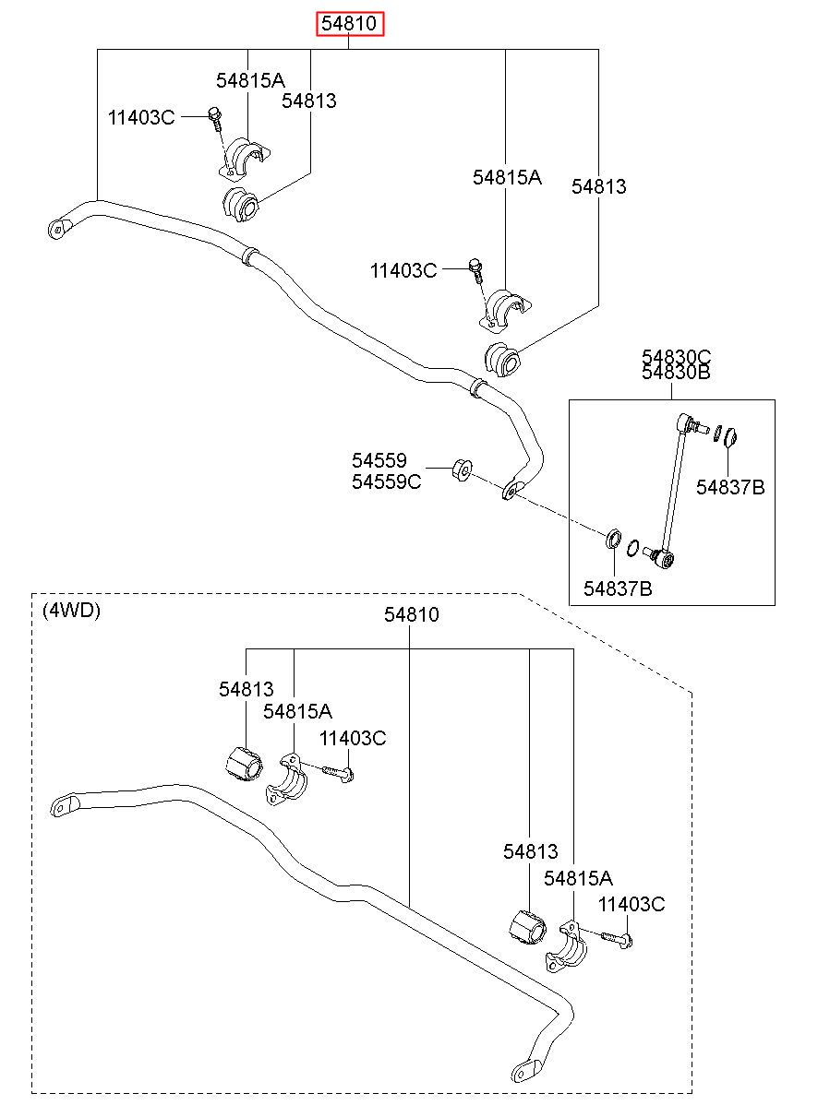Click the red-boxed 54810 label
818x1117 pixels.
click(x=349, y=23)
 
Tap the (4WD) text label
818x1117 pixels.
click(x=71, y=610)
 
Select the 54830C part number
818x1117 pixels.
click(x=676, y=357)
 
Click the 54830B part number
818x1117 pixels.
click(x=676, y=372)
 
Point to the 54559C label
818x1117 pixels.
click(x=386, y=481)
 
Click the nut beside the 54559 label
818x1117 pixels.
click(x=463, y=469)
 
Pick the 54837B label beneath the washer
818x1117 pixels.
click(x=618, y=588)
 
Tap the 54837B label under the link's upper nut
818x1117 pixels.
click(x=730, y=487)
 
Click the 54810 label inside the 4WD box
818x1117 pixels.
click(x=411, y=615)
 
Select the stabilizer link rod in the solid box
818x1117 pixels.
click(x=674, y=489)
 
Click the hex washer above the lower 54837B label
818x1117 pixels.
click(x=613, y=539)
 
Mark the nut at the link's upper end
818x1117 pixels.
click(x=730, y=437)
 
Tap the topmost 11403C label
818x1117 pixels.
click(x=141, y=118)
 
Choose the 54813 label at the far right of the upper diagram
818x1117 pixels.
click(x=598, y=186)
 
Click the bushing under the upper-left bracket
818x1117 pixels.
click(x=240, y=205)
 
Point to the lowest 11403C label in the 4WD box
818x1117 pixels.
click(x=632, y=904)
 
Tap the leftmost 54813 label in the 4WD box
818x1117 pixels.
click(x=247, y=689)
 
